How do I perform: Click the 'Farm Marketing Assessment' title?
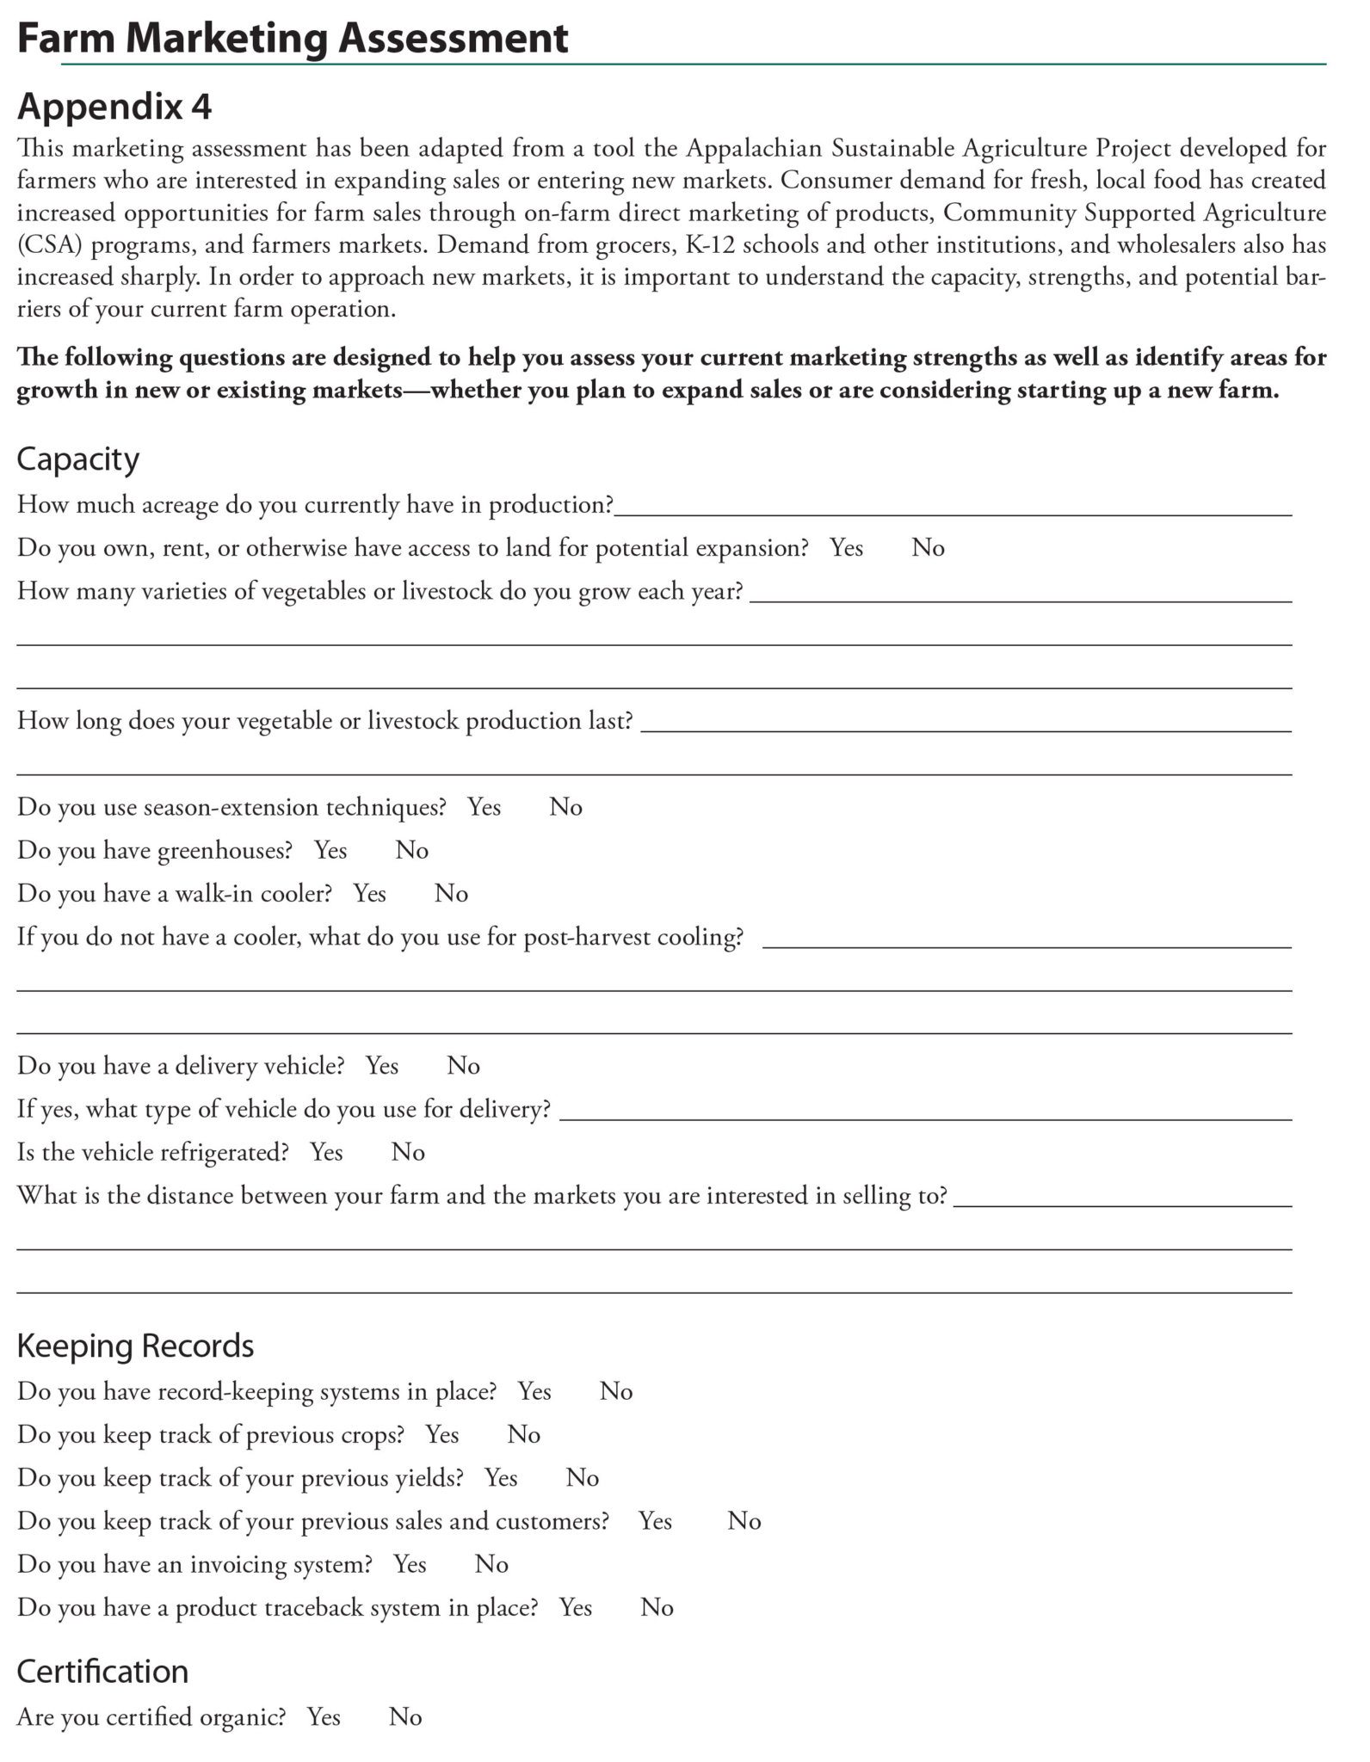tap(293, 39)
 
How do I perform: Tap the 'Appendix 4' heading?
tap(114, 107)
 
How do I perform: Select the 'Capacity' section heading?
tap(78, 459)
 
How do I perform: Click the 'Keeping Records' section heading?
tap(135, 1346)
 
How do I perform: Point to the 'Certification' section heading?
tap(102, 1671)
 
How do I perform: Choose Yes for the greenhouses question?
tap(330, 850)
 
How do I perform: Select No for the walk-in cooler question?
tap(451, 893)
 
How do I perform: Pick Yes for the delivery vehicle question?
tap(382, 1066)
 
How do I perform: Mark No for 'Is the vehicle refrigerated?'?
tap(408, 1152)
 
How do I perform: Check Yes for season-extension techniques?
tap(484, 807)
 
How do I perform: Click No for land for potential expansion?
tap(928, 548)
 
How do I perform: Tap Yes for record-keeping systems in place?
tap(534, 1391)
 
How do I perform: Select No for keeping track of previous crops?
tap(523, 1434)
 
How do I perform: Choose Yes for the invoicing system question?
tap(410, 1563)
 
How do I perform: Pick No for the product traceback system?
tap(657, 1607)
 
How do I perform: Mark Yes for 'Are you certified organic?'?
tap(324, 1716)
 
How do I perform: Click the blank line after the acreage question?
tap(953, 508)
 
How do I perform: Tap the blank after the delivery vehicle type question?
tap(925, 1112)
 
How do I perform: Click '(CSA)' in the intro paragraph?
tap(49, 245)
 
